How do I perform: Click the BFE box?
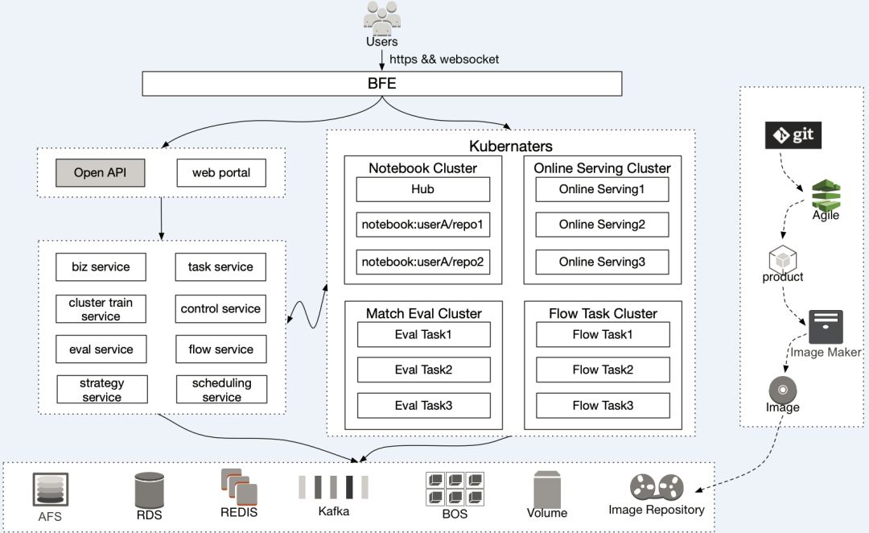point(382,84)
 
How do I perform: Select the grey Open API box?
point(100,172)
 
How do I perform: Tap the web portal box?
point(221,172)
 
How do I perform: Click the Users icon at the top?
point(381,18)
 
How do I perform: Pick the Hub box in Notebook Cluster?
point(422,189)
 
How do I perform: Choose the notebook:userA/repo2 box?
point(422,262)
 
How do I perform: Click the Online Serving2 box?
point(602,225)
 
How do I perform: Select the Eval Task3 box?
point(423,405)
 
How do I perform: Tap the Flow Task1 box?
point(603,334)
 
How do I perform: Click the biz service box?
point(101,266)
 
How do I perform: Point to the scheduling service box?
point(221,390)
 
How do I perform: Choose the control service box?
point(220,308)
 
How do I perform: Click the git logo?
point(793,134)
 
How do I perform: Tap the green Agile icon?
point(826,194)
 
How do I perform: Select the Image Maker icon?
point(826,327)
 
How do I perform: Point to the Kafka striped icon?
point(333,487)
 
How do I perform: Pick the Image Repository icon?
point(656,487)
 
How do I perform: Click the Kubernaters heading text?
point(511,147)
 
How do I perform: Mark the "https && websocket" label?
point(444,59)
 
